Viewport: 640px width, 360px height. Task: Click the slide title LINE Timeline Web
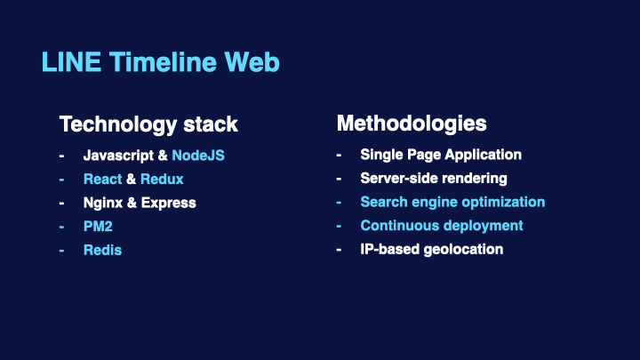160,62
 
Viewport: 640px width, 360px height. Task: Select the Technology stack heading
148,124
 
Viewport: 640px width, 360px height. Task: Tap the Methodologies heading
412,124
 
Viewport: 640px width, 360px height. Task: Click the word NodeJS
198,156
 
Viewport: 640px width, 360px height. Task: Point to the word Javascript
119,156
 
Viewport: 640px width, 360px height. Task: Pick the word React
102,180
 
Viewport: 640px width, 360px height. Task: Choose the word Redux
162,180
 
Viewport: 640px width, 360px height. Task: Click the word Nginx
103,204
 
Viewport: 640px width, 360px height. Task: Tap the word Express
169,204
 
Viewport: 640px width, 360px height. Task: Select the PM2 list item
98,227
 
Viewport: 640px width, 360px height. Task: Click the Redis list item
102,250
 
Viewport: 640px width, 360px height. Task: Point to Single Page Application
441,155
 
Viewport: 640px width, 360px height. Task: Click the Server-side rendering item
434,179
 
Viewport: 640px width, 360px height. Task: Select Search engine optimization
452,203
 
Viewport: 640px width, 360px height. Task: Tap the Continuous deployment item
442,226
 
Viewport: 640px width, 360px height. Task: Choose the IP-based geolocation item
432,250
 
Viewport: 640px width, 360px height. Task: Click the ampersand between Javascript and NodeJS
163,156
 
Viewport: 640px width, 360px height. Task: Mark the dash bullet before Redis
61,250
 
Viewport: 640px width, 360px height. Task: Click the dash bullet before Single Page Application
339,155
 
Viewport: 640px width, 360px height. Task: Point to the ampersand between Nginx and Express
132,203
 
